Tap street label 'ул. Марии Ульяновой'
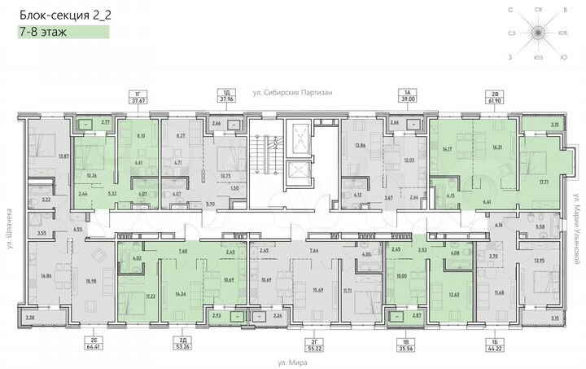point(575,224)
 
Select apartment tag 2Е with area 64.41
point(73,341)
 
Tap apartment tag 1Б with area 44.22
point(496,341)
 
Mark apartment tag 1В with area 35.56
point(404,341)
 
